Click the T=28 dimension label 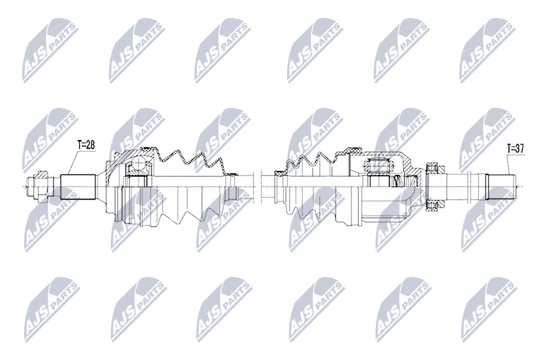pos(86,145)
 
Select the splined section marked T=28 pos(78,187)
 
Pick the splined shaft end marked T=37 pos(501,187)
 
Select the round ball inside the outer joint pos(139,163)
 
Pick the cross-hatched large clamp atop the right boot pos(349,150)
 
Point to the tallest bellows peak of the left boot pos(177,154)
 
